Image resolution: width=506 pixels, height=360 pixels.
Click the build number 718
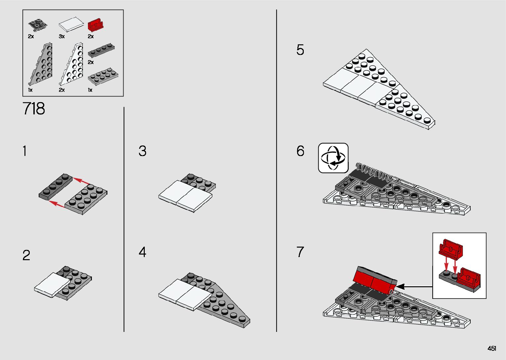point(34,108)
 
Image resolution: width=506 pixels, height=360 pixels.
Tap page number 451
point(492,348)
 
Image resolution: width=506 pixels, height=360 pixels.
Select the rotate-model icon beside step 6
point(333,158)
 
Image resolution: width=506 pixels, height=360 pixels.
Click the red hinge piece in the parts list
point(96,25)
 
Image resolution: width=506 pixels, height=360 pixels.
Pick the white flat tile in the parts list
point(71,24)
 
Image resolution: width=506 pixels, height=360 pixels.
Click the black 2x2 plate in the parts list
point(38,25)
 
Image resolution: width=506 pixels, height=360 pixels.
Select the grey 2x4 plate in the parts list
point(103,76)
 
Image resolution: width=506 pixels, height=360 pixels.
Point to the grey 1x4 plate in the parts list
point(101,50)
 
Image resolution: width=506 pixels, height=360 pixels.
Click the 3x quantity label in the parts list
point(62,36)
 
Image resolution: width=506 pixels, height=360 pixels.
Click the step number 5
point(300,50)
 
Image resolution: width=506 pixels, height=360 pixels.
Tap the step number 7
point(300,252)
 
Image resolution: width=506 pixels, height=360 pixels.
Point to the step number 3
point(142,151)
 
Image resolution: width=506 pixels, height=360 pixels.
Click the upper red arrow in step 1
point(81,181)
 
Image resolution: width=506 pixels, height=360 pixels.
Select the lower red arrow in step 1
point(57,204)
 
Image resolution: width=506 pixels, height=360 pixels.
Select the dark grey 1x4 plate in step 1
point(56,187)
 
